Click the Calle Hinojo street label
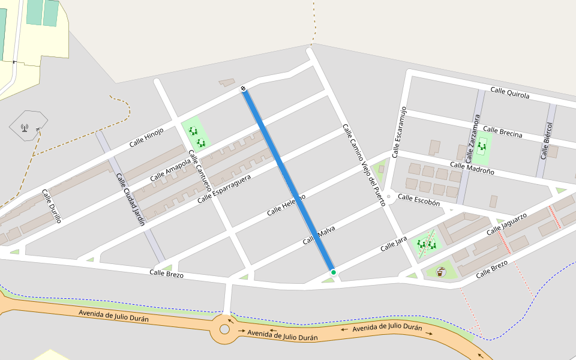click(x=146, y=137)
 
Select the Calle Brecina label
click(x=502, y=132)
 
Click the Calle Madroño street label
click(x=472, y=168)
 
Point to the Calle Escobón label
click(x=419, y=200)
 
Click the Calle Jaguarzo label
click(x=506, y=223)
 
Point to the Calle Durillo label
click(x=52, y=206)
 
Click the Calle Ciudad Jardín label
click(x=130, y=199)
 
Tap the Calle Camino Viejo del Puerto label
click(x=364, y=165)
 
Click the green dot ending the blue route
click(x=334, y=272)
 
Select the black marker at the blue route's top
click(x=244, y=89)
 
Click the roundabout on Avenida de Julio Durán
click(x=224, y=329)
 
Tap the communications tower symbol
click(x=25, y=127)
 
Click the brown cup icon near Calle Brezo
click(x=441, y=272)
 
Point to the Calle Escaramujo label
click(x=400, y=133)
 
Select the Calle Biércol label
click(x=546, y=141)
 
